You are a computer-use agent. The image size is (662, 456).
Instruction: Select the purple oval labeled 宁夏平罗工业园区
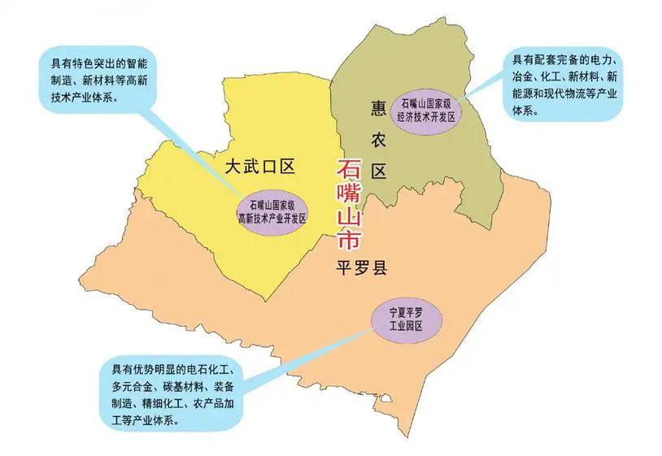coord(407,319)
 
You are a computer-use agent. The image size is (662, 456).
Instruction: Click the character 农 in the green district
coord(377,140)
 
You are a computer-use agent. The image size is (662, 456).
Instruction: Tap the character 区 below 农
coord(377,172)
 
